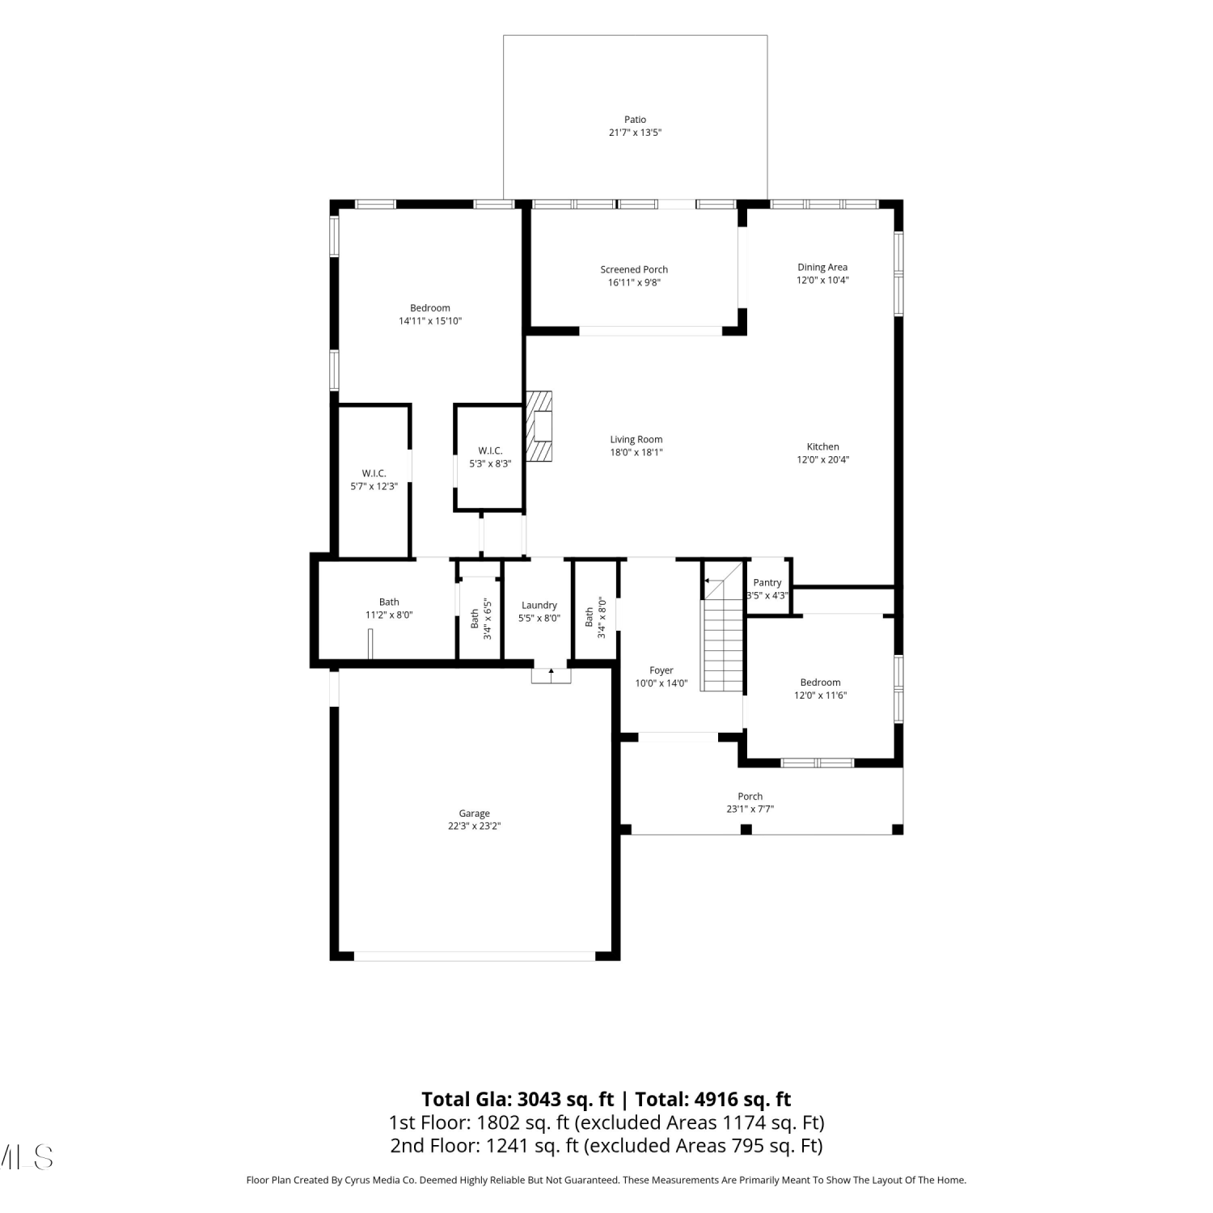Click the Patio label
click(635, 120)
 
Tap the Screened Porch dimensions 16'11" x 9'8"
click(634, 282)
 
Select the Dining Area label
click(822, 268)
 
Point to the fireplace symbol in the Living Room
click(539, 426)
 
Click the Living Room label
click(636, 440)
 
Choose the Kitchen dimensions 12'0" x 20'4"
click(823, 459)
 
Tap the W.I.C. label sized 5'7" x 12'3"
click(374, 473)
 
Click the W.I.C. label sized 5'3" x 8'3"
click(490, 450)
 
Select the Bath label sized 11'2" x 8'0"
click(389, 602)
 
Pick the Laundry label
click(539, 605)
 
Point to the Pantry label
click(767, 582)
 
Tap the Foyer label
click(661, 670)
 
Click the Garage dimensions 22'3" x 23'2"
click(475, 826)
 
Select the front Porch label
click(750, 797)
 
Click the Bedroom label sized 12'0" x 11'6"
click(821, 683)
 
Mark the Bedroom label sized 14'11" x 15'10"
click(430, 308)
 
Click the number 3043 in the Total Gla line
click(539, 1100)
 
